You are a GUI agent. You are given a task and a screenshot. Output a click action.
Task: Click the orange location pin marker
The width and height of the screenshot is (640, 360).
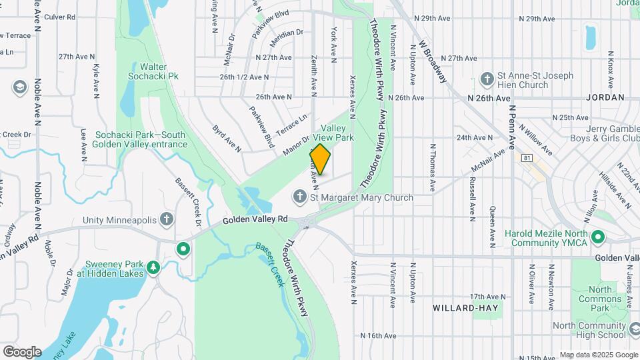(x=320, y=159)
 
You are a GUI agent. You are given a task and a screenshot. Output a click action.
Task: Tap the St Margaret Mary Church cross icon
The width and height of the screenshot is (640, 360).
(x=300, y=197)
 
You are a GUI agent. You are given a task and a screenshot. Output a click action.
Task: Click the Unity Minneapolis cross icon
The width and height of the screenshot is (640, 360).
(x=167, y=220)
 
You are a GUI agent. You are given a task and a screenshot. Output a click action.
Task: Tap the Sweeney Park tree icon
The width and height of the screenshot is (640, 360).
(x=154, y=267)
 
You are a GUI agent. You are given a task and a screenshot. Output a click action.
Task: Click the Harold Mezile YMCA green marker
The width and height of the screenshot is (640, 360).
(x=598, y=237)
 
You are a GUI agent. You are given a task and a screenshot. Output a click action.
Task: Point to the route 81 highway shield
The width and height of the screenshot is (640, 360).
(x=527, y=158)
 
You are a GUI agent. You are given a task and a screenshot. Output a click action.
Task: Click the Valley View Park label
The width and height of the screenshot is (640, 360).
(x=337, y=132)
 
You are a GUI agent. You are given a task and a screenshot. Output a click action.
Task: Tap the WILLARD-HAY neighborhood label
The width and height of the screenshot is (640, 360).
(x=461, y=308)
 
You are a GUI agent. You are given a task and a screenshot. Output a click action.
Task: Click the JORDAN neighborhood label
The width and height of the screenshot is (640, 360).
(x=605, y=97)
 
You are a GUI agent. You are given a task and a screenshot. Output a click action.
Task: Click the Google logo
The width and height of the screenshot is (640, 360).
(x=22, y=351)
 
